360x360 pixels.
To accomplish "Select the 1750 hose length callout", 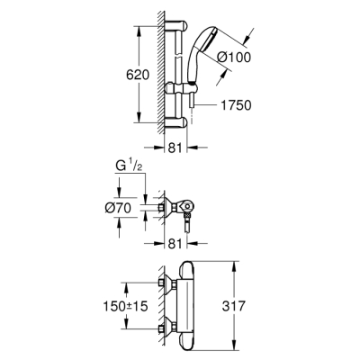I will click(x=235, y=105).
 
